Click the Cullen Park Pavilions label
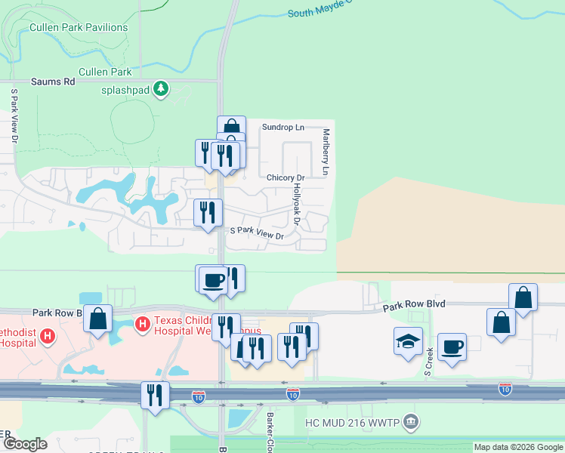[x=79, y=27]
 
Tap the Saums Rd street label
[x=53, y=82]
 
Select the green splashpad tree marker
[x=160, y=89]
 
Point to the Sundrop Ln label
[x=282, y=128]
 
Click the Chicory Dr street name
[x=285, y=178]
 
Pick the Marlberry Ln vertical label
[x=326, y=152]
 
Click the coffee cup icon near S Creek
[x=452, y=347]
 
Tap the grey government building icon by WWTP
[x=410, y=421]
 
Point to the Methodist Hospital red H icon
[x=48, y=335]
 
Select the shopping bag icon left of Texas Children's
[x=98, y=319]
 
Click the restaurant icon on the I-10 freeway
[x=156, y=396]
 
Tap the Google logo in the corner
[x=25, y=444]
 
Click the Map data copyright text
[x=518, y=447]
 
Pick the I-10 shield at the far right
[x=505, y=389]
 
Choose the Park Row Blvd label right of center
[x=413, y=304]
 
